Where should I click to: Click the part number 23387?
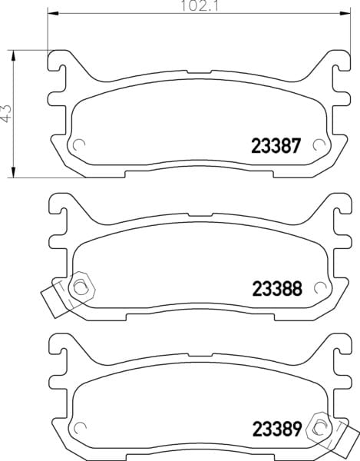click(276, 146)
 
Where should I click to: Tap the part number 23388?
click(277, 289)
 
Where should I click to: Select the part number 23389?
click(277, 429)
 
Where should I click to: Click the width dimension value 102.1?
click(200, 5)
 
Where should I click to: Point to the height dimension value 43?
click(6, 113)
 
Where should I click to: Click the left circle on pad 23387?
click(79, 144)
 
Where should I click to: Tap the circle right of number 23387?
click(319, 144)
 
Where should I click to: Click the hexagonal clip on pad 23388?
click(81, 287)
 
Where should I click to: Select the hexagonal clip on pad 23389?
click(319, 429)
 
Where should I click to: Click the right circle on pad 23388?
click(319, 287)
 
